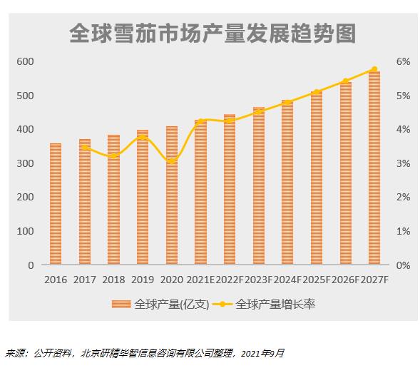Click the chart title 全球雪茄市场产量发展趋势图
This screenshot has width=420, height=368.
212,34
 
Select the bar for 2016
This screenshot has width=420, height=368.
56,204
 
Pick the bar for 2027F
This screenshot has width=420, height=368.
374,168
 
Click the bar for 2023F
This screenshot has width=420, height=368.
259,186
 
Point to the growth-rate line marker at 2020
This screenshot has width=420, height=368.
172,161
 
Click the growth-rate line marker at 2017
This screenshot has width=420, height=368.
85,147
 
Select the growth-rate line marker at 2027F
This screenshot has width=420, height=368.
374,69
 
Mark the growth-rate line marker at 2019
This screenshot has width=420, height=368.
143,137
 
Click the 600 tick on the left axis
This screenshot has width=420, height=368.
26,62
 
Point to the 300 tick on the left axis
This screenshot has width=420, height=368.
26,163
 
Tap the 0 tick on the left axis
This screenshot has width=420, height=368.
31,265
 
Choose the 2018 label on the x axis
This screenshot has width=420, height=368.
113,280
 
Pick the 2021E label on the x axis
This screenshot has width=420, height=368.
202,280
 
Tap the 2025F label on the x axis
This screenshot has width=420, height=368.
317,280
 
